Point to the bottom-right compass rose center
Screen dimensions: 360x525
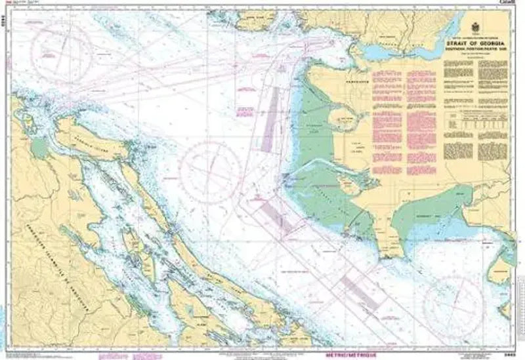tap(453, 306)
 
